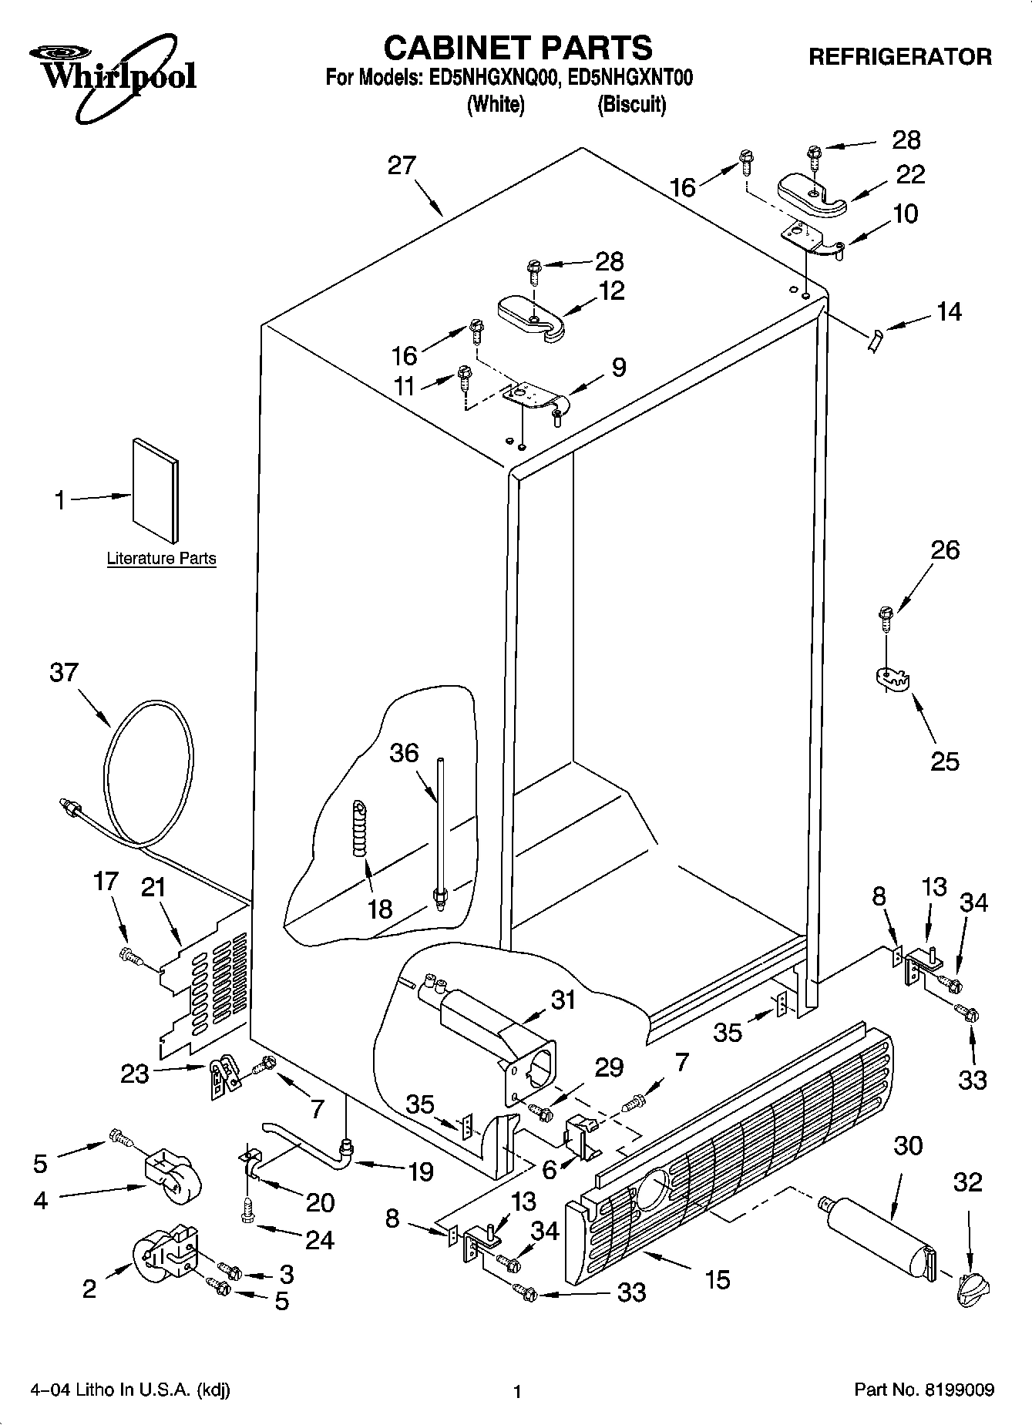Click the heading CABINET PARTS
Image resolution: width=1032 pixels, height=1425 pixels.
(517, 48)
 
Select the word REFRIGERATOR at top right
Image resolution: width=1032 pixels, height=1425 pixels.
(900, 57)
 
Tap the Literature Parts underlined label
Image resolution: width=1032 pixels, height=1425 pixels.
(161, 559)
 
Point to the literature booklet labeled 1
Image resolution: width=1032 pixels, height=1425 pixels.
(156, 490)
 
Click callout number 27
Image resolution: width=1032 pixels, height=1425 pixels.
(402, 166)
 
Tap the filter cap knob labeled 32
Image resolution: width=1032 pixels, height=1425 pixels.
(971, 1288)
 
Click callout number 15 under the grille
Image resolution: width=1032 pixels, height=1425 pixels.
(717, 1279)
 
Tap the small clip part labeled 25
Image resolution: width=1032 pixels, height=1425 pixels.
(893, 678)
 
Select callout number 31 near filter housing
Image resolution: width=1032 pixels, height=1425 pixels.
(563, 1000)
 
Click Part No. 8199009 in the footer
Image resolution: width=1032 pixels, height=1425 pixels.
(924, 1390)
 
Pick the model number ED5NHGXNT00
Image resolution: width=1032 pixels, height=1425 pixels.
(624, 78)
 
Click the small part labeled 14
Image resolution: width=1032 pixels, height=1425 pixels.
(873, 339)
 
